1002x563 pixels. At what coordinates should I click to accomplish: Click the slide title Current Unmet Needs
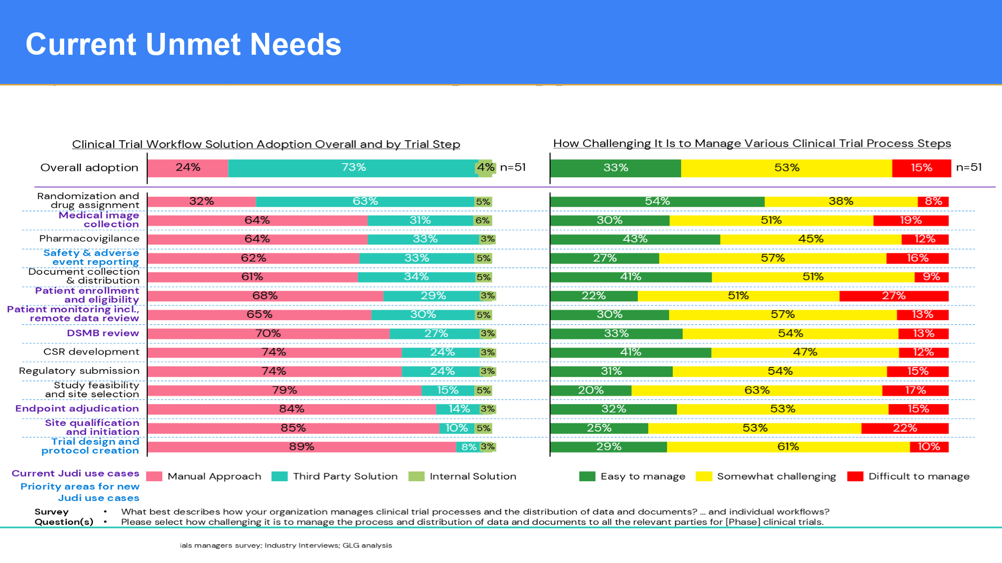click(x=183, y=44)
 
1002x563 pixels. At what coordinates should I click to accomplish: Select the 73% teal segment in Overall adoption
click(x=353, y=168)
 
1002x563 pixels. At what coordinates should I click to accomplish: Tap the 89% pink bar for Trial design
click(x=302, y=447)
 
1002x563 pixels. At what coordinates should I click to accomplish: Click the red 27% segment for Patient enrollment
click(x=893, y=296)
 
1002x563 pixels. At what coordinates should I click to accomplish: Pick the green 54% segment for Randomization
click(x=657, y=202)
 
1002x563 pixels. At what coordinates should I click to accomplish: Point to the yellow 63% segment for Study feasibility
click(x=757, y=390)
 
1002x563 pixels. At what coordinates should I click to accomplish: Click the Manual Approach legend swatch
click(x=154, y=476)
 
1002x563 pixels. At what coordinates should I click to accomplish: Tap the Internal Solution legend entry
click(x=472, y=476)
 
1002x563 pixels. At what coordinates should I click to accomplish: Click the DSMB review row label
click(x=103, y=333)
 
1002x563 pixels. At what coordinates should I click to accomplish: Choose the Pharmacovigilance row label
click(x=89, y=239)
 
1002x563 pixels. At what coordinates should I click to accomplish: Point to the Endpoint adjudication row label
click(x=77, y=409)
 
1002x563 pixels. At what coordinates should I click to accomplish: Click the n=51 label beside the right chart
click(x=969, y=167)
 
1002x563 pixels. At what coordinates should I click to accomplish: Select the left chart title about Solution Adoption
click(x=266, y=144)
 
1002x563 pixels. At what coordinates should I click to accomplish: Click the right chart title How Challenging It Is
click(x=752, y=143)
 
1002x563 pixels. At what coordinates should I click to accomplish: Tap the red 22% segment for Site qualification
click(x=904, y=428)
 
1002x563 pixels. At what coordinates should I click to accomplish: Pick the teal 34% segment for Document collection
click(x=416, y=277)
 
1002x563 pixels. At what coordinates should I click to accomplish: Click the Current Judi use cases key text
click(x=76, y=473)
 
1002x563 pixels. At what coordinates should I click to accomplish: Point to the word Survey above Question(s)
click(x=52, y=512)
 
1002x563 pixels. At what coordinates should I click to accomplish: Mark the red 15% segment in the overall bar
click(x=921, y=168)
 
